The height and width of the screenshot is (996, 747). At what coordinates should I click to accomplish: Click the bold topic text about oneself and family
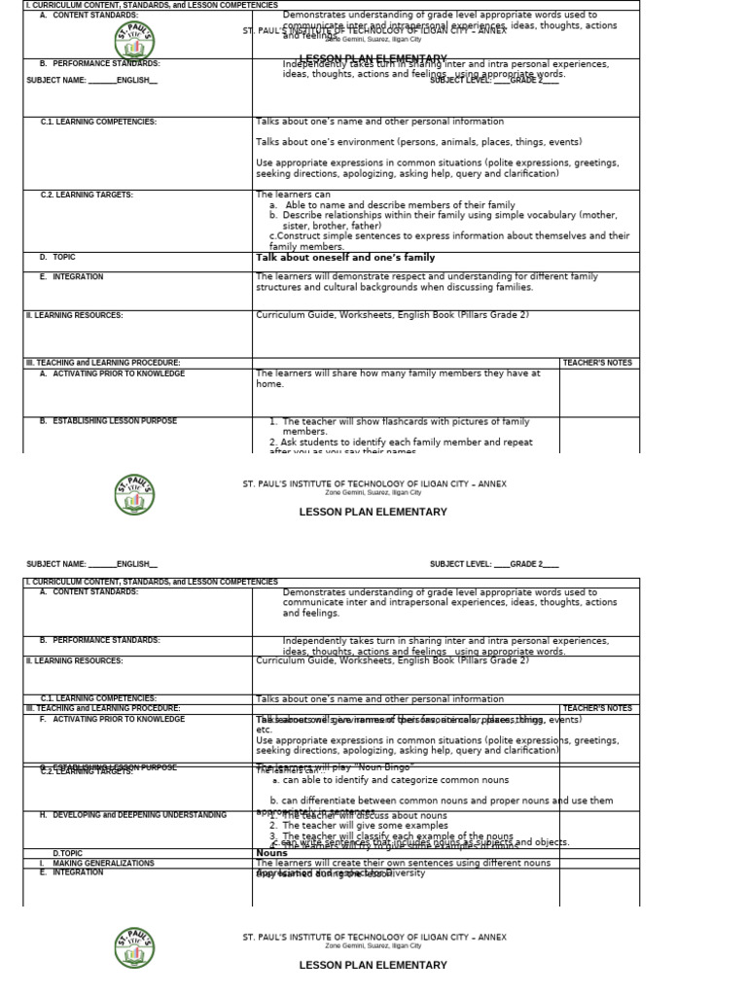[345, 258]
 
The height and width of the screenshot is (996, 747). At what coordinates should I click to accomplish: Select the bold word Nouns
[271, 853]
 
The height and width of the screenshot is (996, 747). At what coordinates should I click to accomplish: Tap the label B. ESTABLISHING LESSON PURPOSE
[108, 421]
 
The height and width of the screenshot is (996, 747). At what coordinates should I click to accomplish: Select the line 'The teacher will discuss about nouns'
[365, 816]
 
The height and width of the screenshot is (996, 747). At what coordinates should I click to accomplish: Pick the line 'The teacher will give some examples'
[364, 826]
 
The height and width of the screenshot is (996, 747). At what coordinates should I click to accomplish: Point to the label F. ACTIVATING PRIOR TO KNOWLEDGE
[112, 720]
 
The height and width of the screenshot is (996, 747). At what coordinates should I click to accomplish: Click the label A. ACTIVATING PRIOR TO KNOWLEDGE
[111, 374]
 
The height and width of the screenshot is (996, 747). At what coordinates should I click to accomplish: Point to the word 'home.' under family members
[270, 384]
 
